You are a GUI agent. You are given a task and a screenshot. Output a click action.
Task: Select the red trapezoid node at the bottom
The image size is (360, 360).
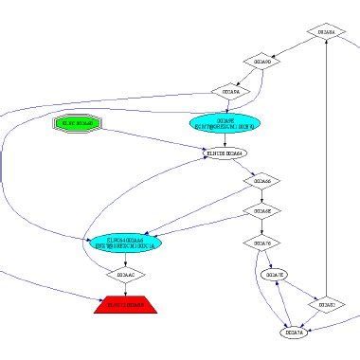click(125, 305)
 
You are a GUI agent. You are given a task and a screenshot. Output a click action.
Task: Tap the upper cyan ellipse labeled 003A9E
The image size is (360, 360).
click(225, 124)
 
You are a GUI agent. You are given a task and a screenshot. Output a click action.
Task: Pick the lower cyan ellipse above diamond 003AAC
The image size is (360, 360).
click(126, 243)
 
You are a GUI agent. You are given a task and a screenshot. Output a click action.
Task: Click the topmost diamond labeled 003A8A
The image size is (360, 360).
click(326, 32)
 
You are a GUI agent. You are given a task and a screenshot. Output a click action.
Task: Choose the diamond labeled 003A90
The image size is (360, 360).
click(261, 62)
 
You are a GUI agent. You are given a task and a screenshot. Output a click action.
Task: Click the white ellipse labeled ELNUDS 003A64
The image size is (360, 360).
click(225, 153)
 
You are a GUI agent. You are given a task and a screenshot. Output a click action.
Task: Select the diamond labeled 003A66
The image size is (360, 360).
click(260, 180)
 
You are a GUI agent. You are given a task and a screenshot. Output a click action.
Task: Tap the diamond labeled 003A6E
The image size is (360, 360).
click(261, 210)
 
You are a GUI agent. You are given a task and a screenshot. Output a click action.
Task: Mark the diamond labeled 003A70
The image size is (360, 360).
click(261, 243)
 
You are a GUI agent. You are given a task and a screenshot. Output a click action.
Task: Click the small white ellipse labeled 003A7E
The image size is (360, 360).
click(275, 275)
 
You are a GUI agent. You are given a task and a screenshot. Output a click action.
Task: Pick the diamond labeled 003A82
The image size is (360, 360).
click(327, 304)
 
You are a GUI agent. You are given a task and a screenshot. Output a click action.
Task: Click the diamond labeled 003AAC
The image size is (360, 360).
click(125, 275)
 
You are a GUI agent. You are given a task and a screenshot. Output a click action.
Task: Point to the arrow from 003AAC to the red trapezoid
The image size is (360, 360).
click(125, 289)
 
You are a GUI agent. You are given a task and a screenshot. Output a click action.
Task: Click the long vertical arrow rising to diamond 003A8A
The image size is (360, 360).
click(326, 171)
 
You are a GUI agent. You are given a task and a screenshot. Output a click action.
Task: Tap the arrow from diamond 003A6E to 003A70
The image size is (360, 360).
click(261, 226)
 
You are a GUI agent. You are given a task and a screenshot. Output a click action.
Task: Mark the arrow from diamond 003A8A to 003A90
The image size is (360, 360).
click(294, 47)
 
